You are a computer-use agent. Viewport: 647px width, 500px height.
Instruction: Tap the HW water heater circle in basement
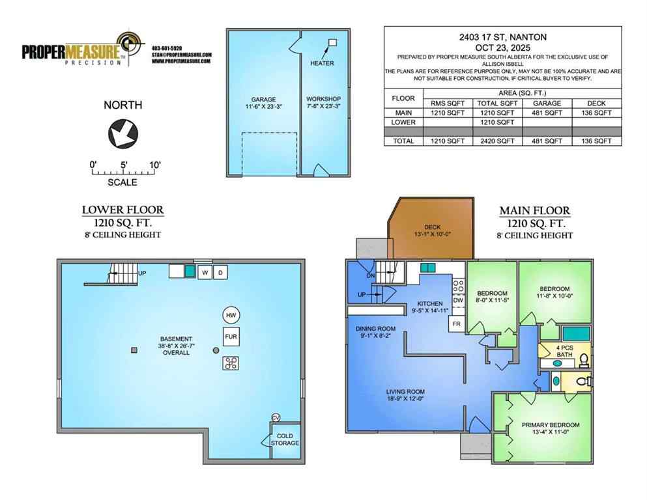click(230, 315)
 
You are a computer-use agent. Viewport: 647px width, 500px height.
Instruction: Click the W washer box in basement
click(205, 272)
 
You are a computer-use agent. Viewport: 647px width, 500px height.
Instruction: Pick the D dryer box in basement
click(220, 272)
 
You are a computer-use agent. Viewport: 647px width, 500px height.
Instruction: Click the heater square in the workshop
click(332, 43)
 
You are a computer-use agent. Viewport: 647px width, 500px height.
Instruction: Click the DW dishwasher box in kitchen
click(458, 300)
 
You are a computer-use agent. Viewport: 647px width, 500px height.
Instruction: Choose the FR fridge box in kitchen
click(457, 324)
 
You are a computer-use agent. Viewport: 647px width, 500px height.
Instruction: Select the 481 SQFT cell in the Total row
click(547, 141)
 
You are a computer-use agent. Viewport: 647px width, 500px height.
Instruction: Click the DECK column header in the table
click(596, 103)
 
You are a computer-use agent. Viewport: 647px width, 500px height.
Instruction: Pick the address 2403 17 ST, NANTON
click(502, 37)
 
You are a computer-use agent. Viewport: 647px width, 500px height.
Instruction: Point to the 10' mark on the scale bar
click(154, 165)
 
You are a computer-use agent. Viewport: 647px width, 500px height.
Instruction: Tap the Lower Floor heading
click(122, 210)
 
